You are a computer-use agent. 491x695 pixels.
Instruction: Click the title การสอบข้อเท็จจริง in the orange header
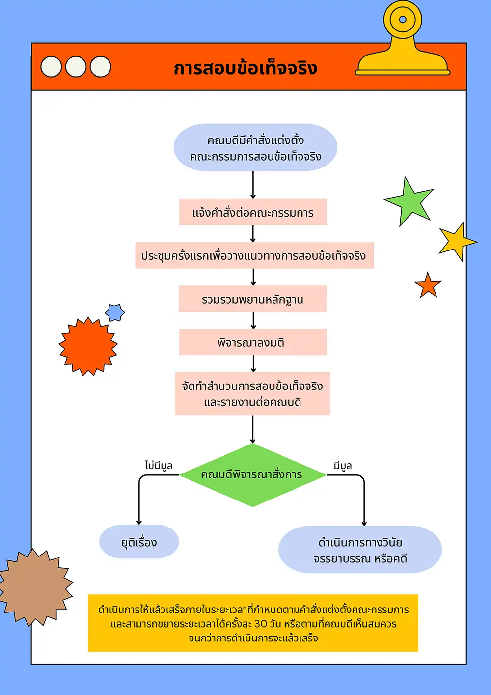coord(245,68)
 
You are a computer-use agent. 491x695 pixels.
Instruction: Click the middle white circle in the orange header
coord(76,67)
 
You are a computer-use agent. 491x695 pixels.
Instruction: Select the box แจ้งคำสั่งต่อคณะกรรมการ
coord(253,213)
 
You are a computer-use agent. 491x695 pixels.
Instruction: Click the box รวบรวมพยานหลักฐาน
coord(253,299)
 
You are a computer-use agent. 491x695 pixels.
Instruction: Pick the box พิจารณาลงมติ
coord(253,342)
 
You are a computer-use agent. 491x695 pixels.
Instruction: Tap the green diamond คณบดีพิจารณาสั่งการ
coord(252,475)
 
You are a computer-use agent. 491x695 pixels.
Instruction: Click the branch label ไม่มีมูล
coord(158,465)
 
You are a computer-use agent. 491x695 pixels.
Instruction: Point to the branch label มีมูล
coord(343,465)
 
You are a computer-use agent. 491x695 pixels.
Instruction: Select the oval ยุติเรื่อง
coord(139,542)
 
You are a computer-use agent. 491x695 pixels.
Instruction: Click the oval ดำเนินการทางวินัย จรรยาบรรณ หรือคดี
coord(360,550)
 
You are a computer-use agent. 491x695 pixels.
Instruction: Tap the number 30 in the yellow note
coord(261,624)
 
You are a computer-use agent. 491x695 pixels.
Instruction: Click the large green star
coord(410,202)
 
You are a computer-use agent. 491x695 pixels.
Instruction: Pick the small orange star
coord(428,286)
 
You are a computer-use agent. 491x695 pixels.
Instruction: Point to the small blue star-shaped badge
coord(115,312)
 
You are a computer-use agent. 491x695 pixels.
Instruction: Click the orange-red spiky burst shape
coord(88,346)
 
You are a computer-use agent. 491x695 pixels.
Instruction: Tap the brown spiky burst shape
coord(35,587)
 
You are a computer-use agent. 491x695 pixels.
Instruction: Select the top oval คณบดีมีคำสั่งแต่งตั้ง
coord(255,148)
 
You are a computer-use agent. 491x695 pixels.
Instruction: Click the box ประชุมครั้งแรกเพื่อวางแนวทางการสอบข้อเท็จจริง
coord(254,256)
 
